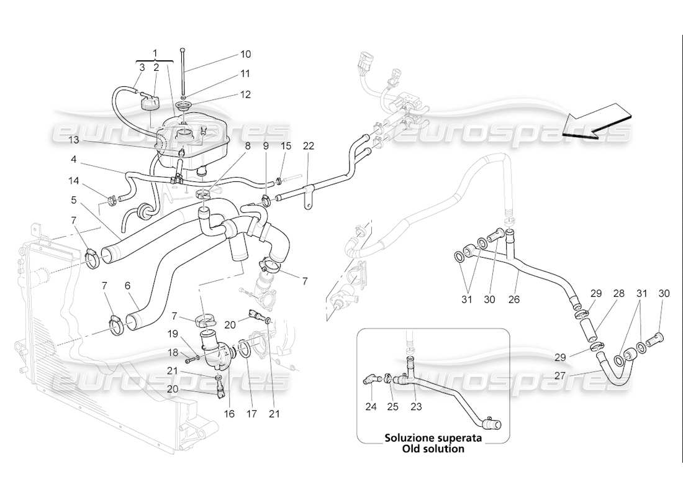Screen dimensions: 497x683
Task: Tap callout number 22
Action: click(309, 147)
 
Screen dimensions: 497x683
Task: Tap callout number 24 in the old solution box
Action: click(371, 408)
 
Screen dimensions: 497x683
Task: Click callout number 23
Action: click(415, 408)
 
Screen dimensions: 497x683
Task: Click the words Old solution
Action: click(433, 449)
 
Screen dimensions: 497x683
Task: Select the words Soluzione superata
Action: click(433, 437)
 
